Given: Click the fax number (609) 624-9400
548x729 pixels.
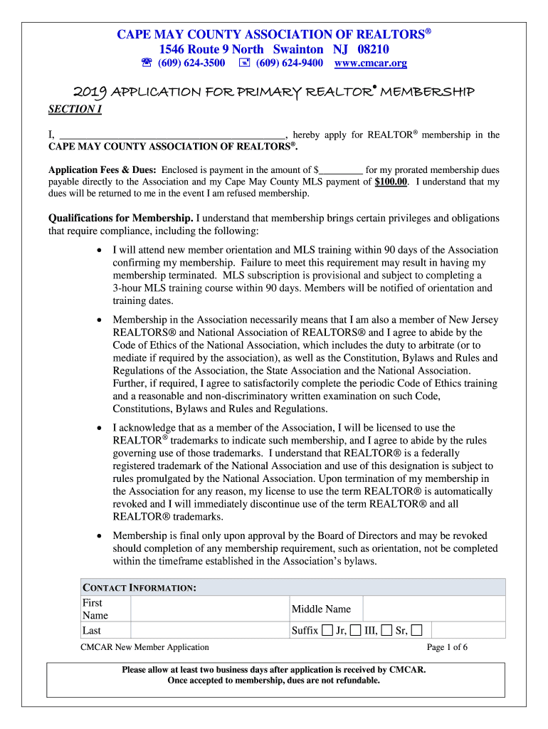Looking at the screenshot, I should point(289,63).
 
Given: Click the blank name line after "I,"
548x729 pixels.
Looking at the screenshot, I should point(171,134).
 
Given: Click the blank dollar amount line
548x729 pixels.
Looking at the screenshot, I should point(341,170).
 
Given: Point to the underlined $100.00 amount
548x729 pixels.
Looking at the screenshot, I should point(391,182).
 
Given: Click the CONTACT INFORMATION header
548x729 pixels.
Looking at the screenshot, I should point(139,588).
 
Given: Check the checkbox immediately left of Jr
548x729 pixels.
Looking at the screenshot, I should point(327,631).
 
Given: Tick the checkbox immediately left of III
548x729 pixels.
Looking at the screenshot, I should point(356,631).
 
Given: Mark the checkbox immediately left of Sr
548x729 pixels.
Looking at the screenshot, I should point(386,631).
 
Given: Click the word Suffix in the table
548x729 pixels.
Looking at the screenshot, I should point(305,631).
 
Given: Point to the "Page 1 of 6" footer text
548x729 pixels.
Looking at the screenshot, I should point(447,647).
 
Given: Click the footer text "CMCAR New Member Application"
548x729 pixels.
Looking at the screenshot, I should point(145,647).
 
